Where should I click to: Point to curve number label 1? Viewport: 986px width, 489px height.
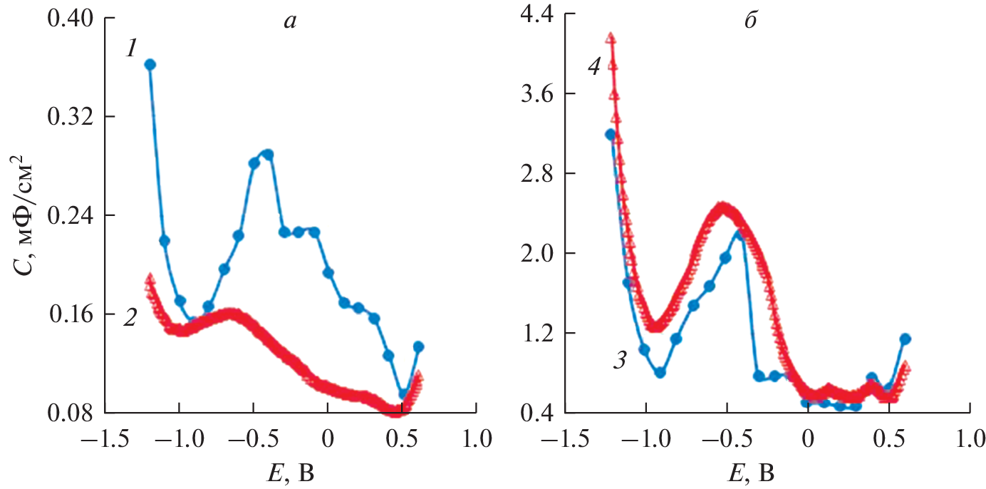point(131,49)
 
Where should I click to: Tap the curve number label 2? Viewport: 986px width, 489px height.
point(130,318)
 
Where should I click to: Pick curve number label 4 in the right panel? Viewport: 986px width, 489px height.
point(596,67)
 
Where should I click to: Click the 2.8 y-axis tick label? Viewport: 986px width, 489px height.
point(539,174)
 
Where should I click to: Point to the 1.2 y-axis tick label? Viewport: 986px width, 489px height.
point(539,334)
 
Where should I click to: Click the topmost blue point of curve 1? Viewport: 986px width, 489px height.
point(150,65)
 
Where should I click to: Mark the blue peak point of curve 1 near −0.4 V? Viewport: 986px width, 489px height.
point(269,154)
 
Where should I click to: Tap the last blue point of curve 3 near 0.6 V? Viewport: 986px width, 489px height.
point(905,339)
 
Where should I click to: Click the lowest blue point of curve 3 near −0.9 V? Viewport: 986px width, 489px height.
point(660,372)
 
